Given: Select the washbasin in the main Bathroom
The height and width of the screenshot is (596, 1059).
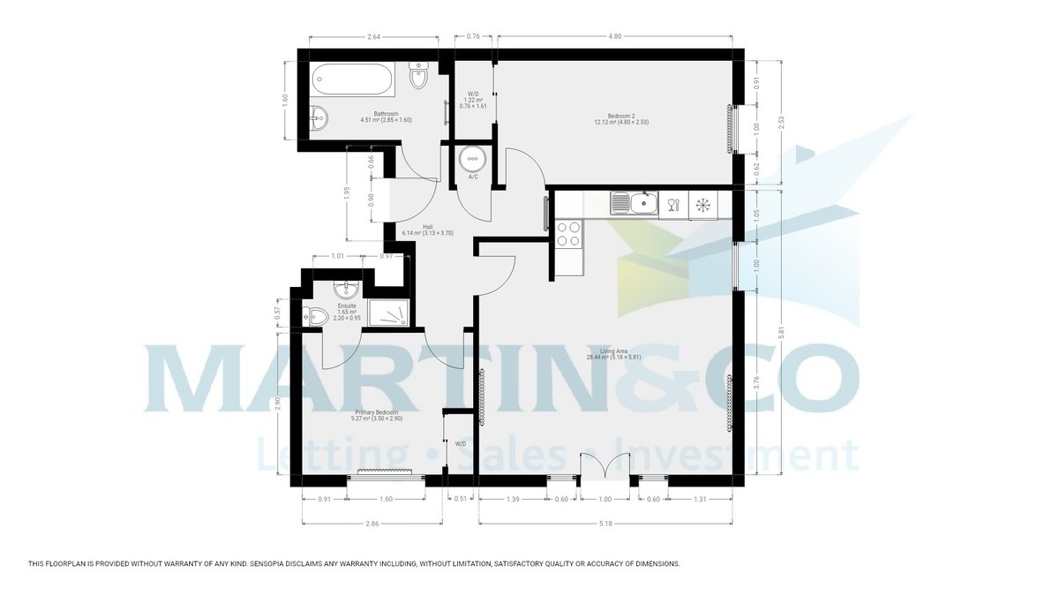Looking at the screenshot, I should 319,117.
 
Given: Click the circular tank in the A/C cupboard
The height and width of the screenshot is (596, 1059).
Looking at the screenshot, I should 473,159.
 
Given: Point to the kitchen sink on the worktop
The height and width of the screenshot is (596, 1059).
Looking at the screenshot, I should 633,204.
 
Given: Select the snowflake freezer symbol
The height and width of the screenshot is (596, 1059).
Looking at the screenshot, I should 703,205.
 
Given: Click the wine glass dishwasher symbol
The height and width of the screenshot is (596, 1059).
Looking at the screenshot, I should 674,205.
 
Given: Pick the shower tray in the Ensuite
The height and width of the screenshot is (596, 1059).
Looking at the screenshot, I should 386,313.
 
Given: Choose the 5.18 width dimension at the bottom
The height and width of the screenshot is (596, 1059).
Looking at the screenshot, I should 605,524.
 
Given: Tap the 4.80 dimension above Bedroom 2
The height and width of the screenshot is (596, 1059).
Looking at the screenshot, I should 615,36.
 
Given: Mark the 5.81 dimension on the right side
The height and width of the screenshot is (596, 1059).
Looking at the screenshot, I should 781,331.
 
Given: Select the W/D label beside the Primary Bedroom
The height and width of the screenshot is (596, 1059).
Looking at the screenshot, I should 460,444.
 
